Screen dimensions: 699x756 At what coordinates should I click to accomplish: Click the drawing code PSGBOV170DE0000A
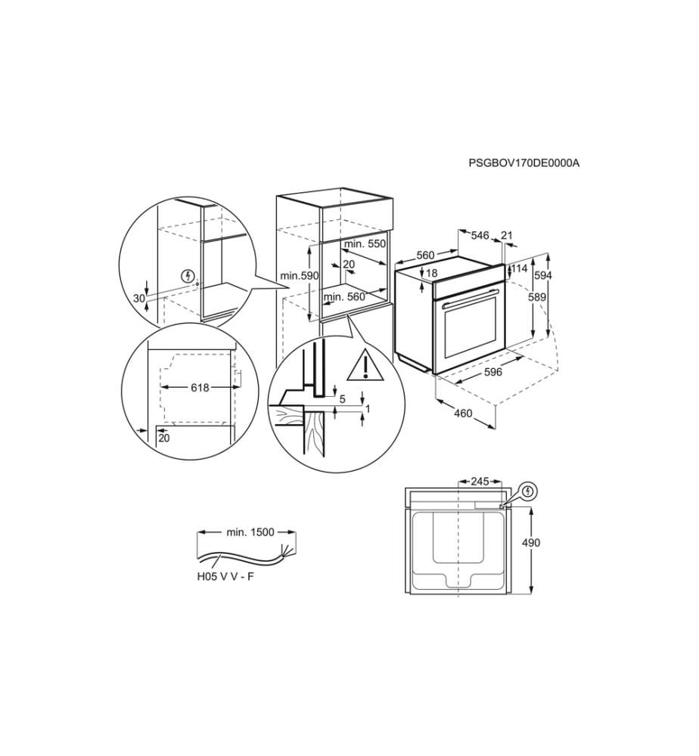pos(524,163)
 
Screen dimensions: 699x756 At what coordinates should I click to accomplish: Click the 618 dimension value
pos(200,388)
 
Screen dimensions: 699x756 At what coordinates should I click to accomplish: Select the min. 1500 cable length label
pos(250,532)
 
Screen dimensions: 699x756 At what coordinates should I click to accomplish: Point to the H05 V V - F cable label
pos(225,577)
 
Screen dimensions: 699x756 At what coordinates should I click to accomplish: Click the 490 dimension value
pos(531,543)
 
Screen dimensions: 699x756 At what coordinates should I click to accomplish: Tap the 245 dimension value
pos(480,481)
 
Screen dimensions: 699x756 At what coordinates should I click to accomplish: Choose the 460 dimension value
pos(463,414)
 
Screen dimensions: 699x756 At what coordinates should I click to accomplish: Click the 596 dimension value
pos(493,372)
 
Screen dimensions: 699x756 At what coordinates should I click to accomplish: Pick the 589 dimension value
pos(537,297)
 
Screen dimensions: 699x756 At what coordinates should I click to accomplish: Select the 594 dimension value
pos(542,275)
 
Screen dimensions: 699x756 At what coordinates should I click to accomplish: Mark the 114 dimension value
pos(520,268)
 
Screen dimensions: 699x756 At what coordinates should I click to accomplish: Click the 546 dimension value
pos(480,235)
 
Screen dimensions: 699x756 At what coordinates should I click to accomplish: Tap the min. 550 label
pos(365,244)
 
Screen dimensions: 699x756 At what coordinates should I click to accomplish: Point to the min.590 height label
pos(300,276)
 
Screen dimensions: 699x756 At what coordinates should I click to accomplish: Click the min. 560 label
pos(344,297)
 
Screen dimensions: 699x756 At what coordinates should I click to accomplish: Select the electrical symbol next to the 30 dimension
pos(188,276)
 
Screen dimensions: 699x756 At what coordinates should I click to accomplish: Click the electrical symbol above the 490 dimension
pos(530,491)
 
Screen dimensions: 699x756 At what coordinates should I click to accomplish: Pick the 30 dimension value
pos(139,299)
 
